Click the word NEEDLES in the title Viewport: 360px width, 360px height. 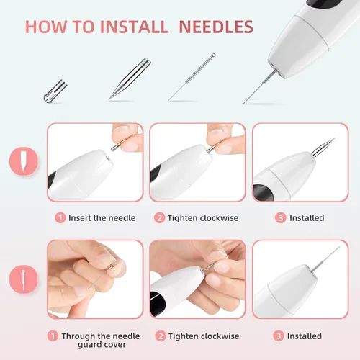pyautogui.click(x=216, y=27)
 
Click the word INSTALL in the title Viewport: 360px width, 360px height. pyautogui.click(x=134, y=27)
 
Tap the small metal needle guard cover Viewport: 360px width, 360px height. pyautogui.click(x=55, y=91)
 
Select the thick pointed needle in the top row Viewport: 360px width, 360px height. pyautogui.click(x=130, y=78)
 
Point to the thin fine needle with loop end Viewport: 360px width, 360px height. pyautogui.click(x=192, y=77)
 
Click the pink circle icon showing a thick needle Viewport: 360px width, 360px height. pyautogui.click(x=24, y=161)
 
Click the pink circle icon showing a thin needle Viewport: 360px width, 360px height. pyautogui.click(x=24, y=279)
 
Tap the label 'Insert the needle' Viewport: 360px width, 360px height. pyautogui.click(x=102, y=218)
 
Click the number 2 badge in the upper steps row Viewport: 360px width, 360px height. pyautogui.click(x=159, y=218)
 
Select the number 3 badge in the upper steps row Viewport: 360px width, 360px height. pyautogui.click(x=281, y=218)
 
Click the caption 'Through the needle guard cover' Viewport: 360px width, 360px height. pyautogui.click(x=101, y=340)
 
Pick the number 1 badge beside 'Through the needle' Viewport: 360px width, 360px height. pyautogui.click(x=53, y=336)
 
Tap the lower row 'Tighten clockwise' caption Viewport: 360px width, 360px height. pyautogui.click(x=204, y=336)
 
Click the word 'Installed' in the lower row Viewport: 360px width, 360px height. pyautogui.click(x=305, y=336)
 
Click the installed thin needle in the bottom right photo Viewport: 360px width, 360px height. pyautogui.click(x=325, y=259)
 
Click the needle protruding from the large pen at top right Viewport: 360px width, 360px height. pyautogui.click(x=259, y=87)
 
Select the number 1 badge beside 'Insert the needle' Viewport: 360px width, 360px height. pyautogui.click(x=60, y=218)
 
